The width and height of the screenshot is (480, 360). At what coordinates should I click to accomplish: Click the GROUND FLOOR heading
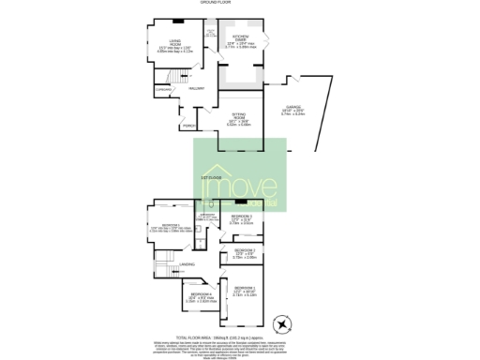pos(216,4)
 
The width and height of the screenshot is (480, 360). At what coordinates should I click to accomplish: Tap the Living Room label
pos(161,41)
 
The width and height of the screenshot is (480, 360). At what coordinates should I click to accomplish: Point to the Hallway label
pos(197,88)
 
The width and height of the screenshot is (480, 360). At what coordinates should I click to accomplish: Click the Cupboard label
pos(163,89)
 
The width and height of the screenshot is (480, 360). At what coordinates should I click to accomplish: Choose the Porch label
pos(188,125)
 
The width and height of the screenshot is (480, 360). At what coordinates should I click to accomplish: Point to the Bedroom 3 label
pos(242,217)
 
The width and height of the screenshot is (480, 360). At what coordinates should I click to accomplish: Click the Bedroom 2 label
pos(245,250)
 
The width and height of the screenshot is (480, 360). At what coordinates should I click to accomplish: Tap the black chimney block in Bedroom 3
pos(241,202)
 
